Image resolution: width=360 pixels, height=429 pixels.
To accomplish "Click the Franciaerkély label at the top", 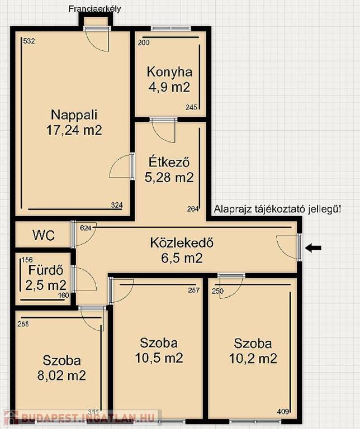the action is point(94,9).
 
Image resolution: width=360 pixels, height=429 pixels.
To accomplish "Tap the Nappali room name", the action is point(74,115).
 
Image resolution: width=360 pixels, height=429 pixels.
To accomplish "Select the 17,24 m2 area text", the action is point(74,130).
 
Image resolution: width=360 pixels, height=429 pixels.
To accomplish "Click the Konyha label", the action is point(169,72).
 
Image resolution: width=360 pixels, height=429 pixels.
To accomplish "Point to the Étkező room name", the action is point(169,162).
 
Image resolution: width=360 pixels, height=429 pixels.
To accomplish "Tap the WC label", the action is point(44,235).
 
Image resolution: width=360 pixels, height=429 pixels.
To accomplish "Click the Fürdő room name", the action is point(46,270).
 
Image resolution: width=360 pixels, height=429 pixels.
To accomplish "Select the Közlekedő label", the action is point(182,243).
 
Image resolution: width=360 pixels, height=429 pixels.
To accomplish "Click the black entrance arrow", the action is point(313,248).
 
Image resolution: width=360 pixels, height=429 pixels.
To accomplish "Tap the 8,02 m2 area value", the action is point(61,375).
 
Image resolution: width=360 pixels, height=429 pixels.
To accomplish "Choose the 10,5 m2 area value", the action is point(159,357).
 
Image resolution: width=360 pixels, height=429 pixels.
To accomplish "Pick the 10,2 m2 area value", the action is point(253,359).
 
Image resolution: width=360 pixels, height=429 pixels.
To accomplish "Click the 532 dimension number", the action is point(29,41).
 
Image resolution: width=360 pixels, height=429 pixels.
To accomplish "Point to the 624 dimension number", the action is point(86,228).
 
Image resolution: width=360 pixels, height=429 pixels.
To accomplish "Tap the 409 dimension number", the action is point(283,419).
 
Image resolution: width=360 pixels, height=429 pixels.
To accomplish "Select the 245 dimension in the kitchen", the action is point(191,107).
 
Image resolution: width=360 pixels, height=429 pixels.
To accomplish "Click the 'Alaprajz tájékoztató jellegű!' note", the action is point(278,209).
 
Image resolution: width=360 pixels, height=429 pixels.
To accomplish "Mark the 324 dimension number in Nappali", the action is point(117,205).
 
